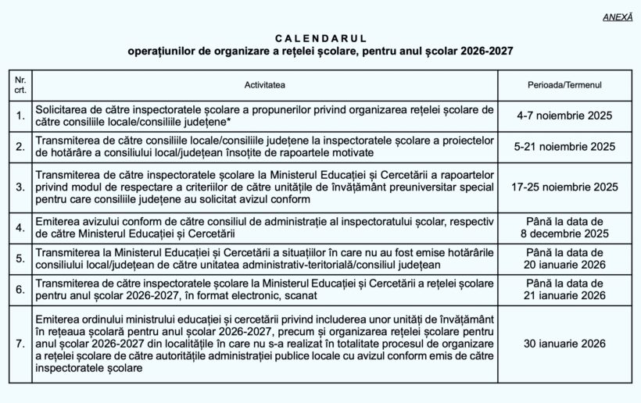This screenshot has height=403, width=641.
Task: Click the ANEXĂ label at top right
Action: pos(618,16)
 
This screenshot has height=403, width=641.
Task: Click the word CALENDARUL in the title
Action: pos(320,37)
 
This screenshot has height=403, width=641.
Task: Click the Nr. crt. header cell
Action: pos(20,84)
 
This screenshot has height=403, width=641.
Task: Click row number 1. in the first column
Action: pos(20,116)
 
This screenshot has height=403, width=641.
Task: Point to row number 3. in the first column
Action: pos(20,187)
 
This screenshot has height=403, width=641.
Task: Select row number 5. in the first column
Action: pos(20,259)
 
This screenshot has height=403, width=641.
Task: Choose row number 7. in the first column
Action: pos(20,342)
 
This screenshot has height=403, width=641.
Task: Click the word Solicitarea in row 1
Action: pos(62,110)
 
